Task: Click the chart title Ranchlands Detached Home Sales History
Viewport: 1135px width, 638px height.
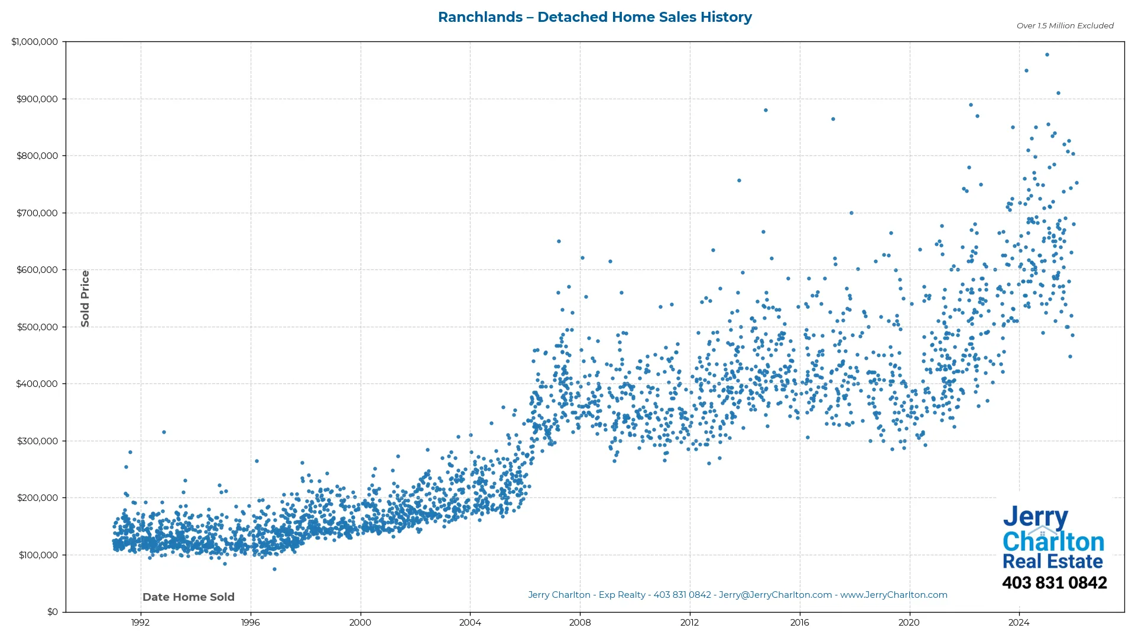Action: coord(595,17)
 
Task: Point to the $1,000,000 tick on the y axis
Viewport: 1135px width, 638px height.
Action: coord(35,42)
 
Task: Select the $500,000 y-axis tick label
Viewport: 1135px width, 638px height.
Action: coord(37,327)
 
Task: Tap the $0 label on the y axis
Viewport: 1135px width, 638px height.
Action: coord(53,611)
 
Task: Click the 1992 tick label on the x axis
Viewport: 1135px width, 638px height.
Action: coord(140,622)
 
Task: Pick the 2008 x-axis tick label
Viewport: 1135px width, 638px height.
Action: coord(579,622)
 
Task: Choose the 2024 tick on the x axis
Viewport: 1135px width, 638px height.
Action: coord(1019,622)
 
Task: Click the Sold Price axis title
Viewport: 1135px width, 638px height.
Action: coord(85,298)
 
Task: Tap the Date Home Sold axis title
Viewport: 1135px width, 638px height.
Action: coord(189,597)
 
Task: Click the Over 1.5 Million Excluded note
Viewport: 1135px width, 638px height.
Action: coord(1065,25)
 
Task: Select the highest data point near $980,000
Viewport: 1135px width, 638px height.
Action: coord(1047,54)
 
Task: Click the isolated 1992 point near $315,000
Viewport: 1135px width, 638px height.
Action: coord(164,432)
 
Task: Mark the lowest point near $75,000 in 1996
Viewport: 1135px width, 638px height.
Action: coord(274,569)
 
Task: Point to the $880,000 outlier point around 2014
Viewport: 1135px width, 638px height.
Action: coord(766,110)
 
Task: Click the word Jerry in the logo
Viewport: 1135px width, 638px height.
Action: coord(1035,517)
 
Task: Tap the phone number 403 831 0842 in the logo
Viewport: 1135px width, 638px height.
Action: coord(1054,582)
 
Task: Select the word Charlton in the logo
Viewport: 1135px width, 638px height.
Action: coord(1053,541)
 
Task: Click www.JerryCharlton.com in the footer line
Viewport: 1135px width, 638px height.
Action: coord(893,595)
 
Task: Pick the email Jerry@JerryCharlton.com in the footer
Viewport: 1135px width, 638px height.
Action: coord(775,595)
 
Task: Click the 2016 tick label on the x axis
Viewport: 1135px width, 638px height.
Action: coord(799,622)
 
